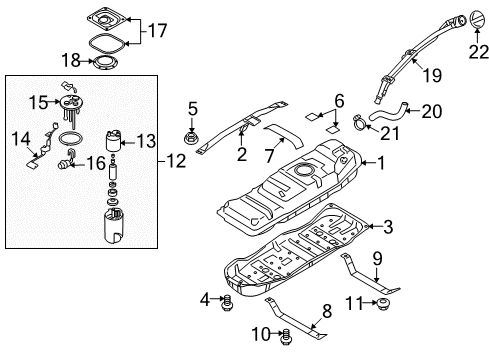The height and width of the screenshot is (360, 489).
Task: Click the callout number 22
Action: click(x=478, y=52)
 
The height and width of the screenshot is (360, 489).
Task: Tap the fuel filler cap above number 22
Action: click(x=477, y=20)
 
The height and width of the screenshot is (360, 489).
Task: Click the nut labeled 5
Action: click(x=192, y=138)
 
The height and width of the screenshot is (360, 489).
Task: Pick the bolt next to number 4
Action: click(x=227, y=302)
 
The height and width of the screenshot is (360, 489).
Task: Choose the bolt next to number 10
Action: click(x=285, y=337)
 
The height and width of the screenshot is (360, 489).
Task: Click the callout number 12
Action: click(x=176, y=161)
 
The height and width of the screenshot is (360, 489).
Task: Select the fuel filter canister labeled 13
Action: click(x=113, y=141)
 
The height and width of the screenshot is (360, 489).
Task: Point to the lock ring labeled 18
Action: click(x=105, y=63)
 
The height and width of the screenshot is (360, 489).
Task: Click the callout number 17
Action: click(x=157, y=31)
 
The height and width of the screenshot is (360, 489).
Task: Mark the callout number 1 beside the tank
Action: click(x=381, y=163)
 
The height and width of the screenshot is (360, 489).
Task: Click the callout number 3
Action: click(x=388, y=227)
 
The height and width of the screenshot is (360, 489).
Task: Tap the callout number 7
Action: click(x=269, y=155)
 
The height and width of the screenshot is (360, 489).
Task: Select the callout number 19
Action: click(x=432, y=75)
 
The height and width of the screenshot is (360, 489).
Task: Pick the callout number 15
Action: click(x=39, y=102)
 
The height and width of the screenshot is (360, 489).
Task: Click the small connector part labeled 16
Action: click(x=65, y=164)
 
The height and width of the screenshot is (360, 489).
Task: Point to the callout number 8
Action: click(x=327, y=311)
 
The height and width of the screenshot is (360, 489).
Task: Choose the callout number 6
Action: click(x=339, y=101)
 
